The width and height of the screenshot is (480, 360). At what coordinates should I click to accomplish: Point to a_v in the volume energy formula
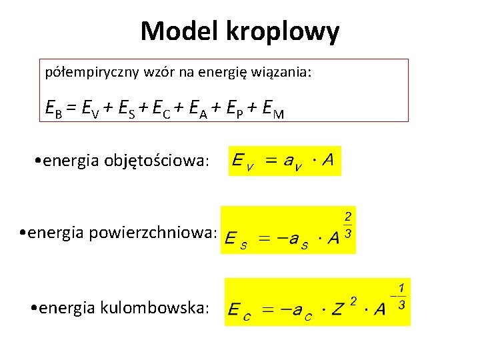tap(290, 162)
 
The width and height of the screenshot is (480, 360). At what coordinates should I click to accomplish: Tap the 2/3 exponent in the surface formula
tap(348, 226)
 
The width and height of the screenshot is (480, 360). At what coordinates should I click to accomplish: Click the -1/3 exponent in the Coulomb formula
tap(400, 297)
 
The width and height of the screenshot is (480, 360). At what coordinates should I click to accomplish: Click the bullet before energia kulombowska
tap(34, 307)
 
